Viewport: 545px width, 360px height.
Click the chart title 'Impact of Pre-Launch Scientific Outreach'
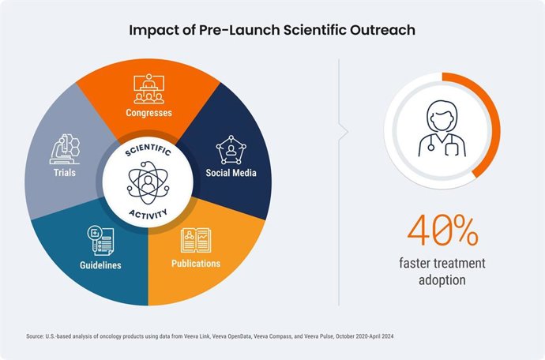[272, 32]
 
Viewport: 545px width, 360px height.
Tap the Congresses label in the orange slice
[148, 112]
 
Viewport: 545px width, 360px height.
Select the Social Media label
[232, 172]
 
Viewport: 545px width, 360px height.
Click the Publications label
[196, 263]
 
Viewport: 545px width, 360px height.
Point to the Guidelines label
[101, 265]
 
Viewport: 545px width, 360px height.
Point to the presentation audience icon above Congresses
[148, 88]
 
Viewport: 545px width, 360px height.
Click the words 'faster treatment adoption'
[442, 272]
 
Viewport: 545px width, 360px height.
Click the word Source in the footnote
[36, 336]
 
